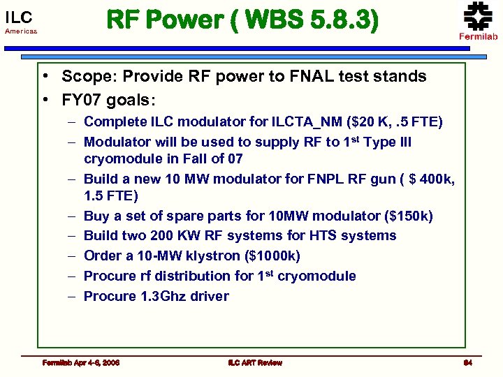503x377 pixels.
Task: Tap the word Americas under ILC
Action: pyautogui.click(x=21, y=32)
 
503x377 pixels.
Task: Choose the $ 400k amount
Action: pyautogui.click(x=428, y=180)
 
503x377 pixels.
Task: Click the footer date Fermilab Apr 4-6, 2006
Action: pyautogui.click(x=80, y=362)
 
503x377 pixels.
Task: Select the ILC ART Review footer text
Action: pyautogui.click(x=254, y=362)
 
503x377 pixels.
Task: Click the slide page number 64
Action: pyautogui.click(x=468, y=362)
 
